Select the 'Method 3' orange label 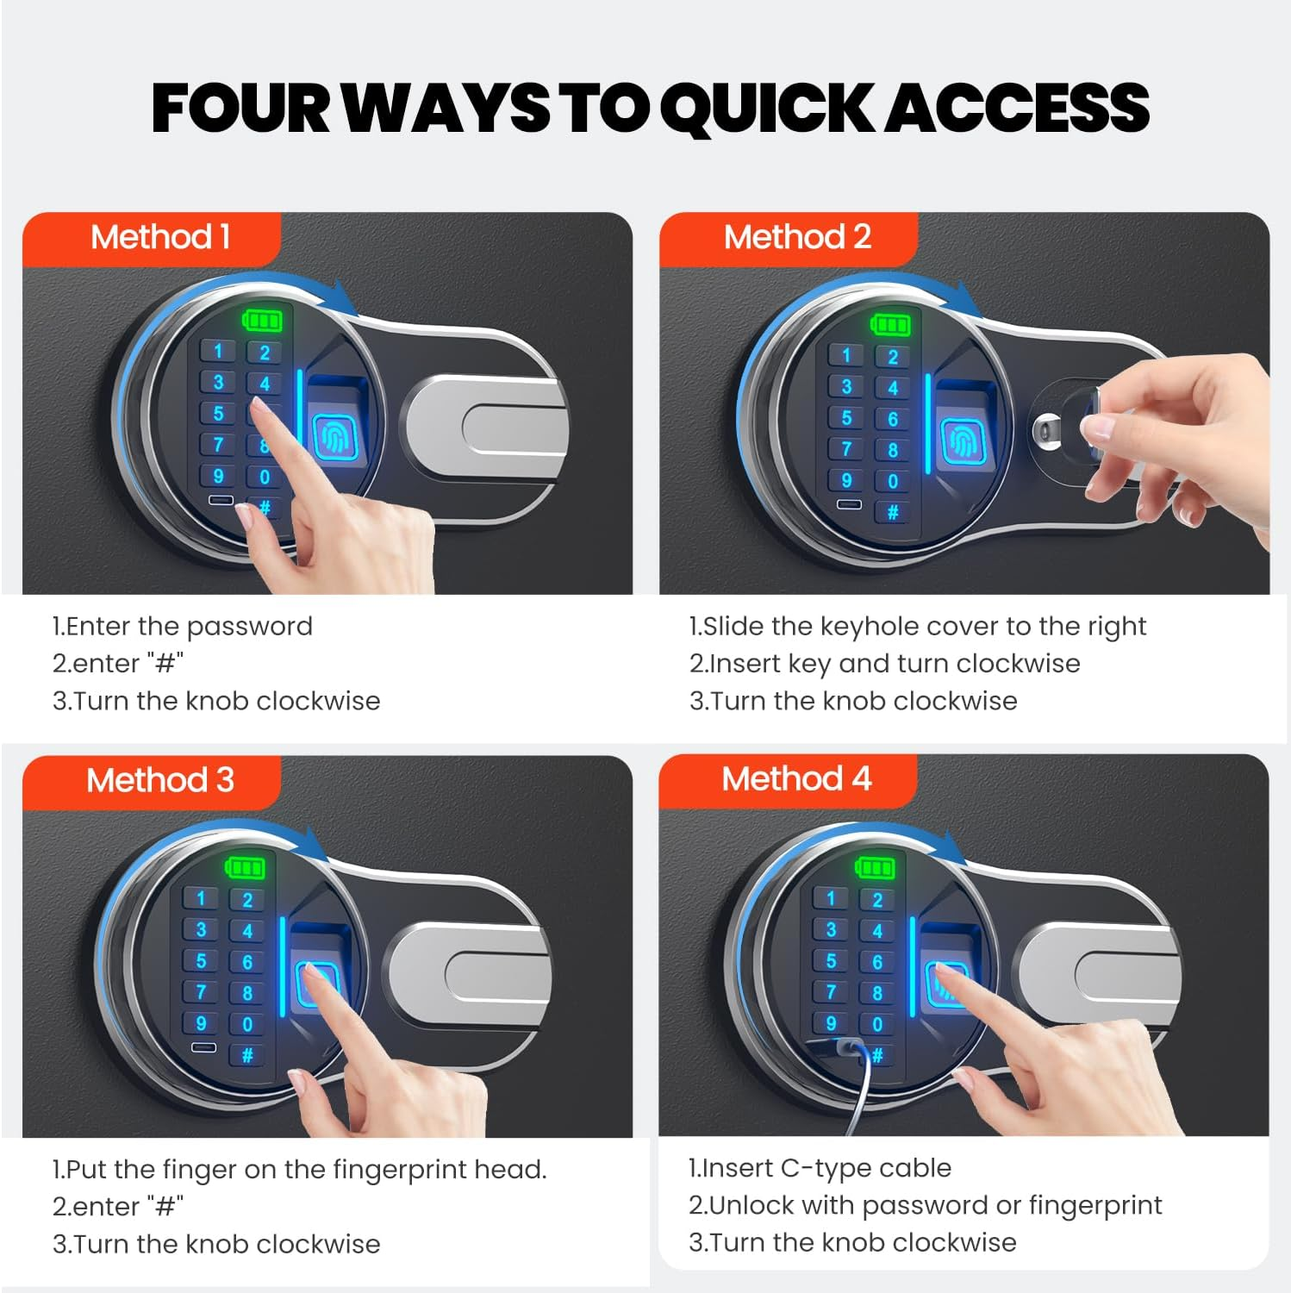[x=153, y=781]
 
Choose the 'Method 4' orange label [x=789, y=779]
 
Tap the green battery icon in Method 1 [x=262, y=322]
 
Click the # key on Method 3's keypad [x=247, y=1055]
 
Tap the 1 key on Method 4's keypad [x=830, y=898]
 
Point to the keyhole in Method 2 [x=1048, y=427]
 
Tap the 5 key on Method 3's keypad [x=201, y=961]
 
